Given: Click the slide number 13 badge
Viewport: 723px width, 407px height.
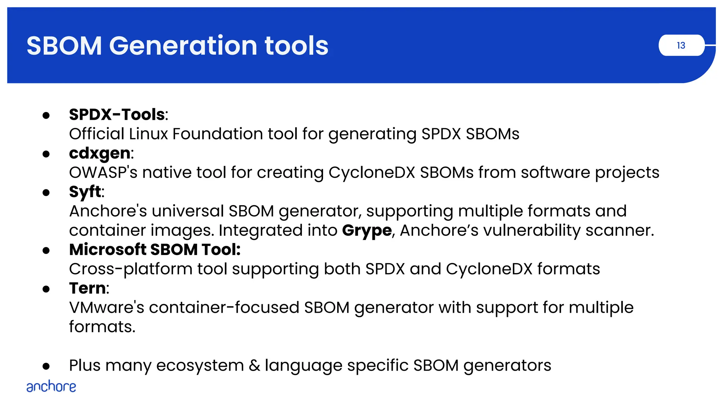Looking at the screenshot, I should [681, 45].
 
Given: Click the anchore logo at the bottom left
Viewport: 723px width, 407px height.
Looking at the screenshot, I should [51, 387].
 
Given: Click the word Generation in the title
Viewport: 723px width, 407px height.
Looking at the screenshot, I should [183, 46].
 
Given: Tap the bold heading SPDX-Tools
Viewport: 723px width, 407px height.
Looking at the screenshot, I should [117, 115].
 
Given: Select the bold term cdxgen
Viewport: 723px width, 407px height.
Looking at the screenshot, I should [100, 153].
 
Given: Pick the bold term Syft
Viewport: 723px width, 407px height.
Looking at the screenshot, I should [85, 192].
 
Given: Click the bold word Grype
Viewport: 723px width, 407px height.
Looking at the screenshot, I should [367, 231].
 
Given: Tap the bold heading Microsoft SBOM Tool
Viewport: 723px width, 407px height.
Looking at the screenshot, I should [155, 250].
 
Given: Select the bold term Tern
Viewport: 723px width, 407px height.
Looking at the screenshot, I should [87, 288].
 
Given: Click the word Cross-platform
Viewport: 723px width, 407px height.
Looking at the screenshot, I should [130, 269].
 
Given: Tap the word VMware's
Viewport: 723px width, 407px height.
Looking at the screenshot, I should [107, 308].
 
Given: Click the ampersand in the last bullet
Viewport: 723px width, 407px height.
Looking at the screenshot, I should [254, 366].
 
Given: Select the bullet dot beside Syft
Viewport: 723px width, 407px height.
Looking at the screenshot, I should [46, 193].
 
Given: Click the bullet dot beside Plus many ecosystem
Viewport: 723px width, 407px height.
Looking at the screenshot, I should [46, 366].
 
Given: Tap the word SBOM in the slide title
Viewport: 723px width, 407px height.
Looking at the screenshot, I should [64, 46].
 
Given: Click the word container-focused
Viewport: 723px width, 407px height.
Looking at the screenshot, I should [224, 308].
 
